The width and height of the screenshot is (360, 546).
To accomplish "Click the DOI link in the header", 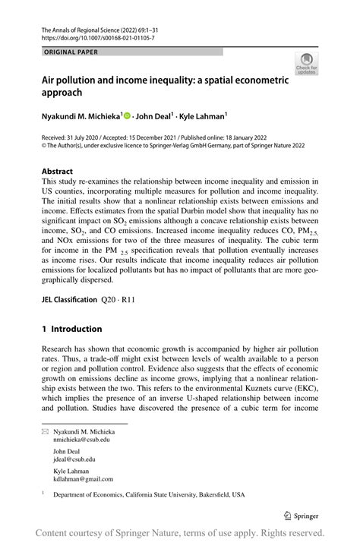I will (88, 36).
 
